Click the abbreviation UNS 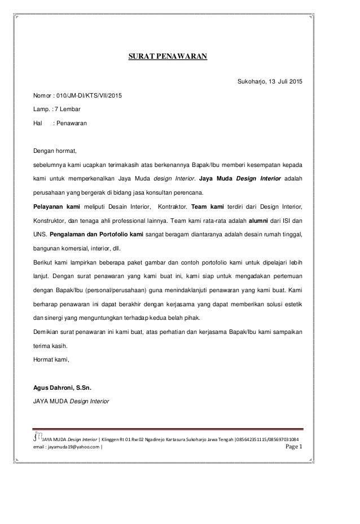click(41, 234)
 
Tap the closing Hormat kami click(52, 357)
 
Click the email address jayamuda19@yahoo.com click(61, 448)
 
